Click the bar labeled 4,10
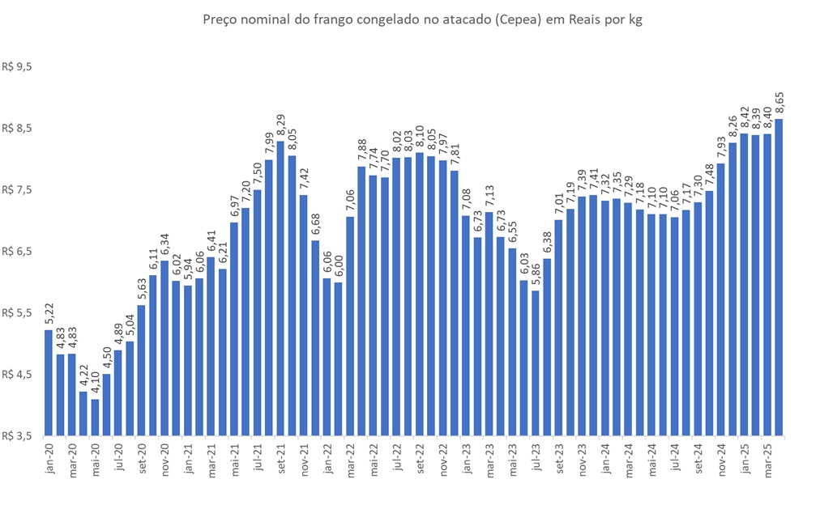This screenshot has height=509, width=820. click(95, 417)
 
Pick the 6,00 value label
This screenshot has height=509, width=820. click(339, 267)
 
